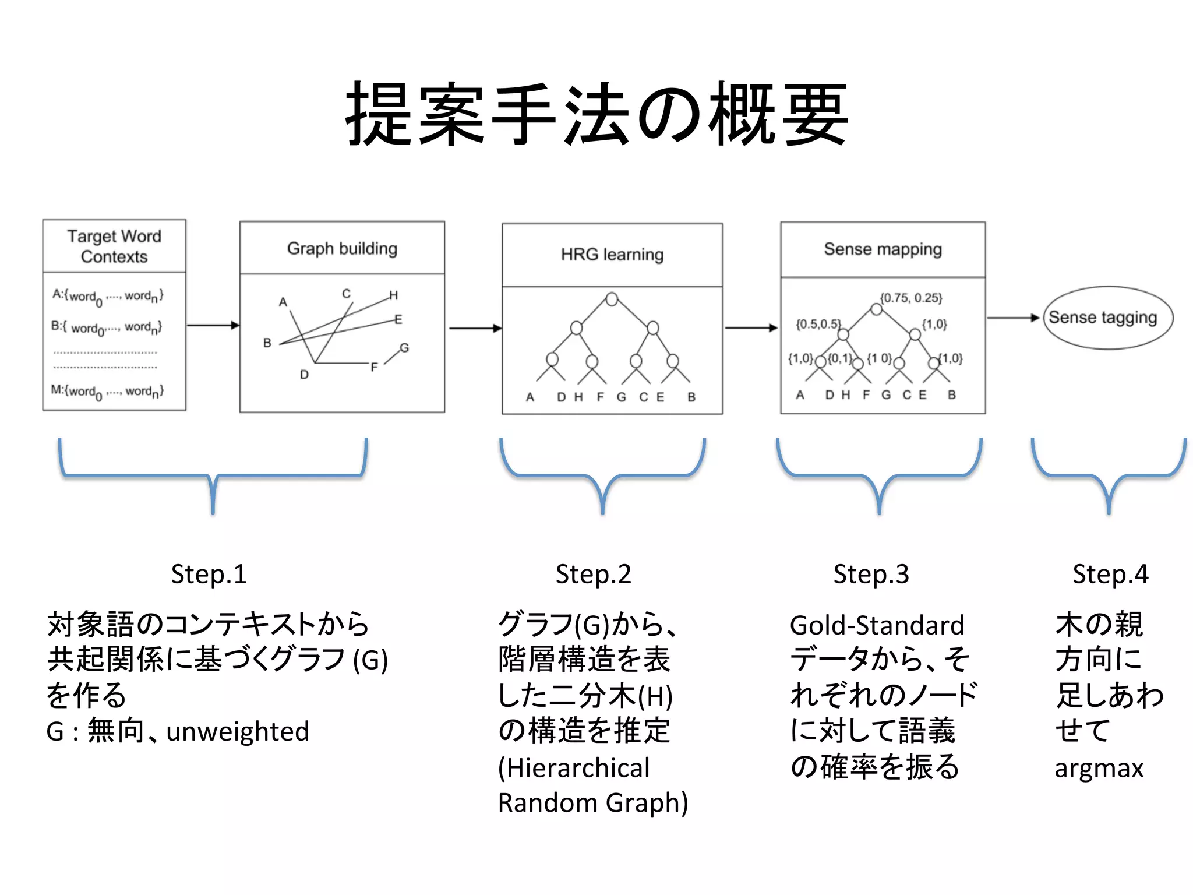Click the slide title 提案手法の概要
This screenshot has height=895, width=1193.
[x=596, y=114]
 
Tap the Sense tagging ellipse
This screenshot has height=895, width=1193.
[x=1107, y=318]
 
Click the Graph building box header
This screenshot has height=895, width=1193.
[x=342, y=248]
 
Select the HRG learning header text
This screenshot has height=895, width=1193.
[x=612, y=255]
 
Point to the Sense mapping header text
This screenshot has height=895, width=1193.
[x=882, y=249]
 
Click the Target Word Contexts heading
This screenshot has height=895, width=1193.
[x=114, y=246]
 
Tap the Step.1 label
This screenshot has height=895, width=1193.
[x=209, y=574]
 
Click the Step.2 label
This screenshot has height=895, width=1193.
[x=593, y=574]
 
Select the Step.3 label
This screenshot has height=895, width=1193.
[x=871, y=574]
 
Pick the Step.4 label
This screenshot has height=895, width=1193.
[x=1110, y=574]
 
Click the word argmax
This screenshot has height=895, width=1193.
[x=1099, y=768]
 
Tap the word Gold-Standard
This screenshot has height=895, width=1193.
[x=877, y=625]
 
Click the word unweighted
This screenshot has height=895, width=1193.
[x=238, y=731]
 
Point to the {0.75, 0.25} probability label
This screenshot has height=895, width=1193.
[x=910, y=298]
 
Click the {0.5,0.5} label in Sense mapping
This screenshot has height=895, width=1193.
[x=818, y=324]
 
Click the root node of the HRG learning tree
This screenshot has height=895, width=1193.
[x=612, y=299]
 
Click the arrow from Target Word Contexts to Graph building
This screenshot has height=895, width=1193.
[x=213, y=325]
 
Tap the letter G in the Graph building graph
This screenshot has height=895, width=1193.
[x=404, y=348]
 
